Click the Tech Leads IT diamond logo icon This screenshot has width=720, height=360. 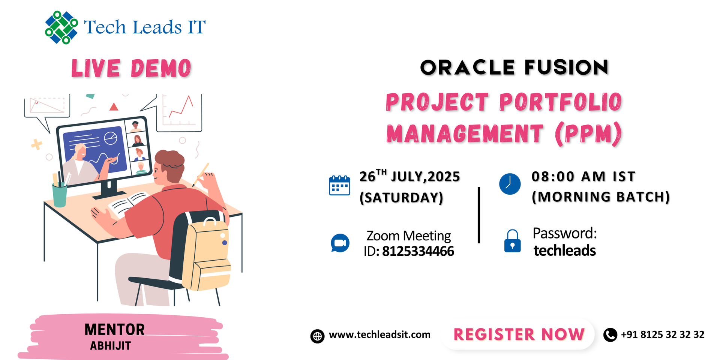pos(61,27)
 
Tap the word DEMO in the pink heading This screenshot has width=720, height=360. pos(161,69)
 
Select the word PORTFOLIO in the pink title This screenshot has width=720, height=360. pos(560,102)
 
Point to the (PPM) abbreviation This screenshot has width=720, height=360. pos(588,134)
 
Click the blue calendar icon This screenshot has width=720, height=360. pos(339,186)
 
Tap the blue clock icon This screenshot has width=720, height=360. pos(510,184)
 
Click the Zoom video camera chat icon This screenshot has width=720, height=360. pos(340,243)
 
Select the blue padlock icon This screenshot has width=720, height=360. pos(512,241)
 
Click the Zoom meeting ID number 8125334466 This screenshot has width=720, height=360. pos(418,251)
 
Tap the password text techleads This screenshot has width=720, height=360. pos(564,250)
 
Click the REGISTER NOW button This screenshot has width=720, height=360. pos(519,334)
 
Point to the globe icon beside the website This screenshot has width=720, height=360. pos(317,336)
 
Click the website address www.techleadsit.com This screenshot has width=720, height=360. pos(379,334)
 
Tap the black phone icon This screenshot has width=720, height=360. pos(610,334)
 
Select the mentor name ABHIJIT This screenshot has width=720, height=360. pos(111,346)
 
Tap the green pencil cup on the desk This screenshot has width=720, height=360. pos(60,195)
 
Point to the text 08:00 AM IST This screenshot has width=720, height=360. pos(583,177)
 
